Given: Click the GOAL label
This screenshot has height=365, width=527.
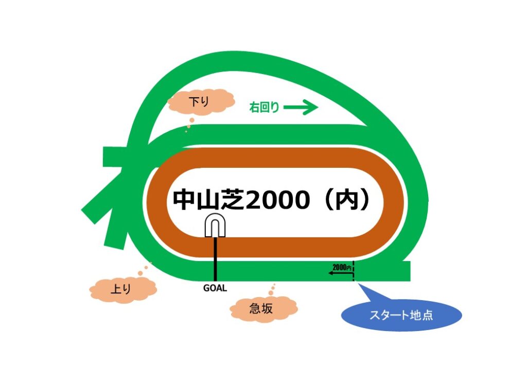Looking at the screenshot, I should (x=215, y=288).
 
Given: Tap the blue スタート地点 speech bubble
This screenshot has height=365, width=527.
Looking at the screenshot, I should (x=401, y=315).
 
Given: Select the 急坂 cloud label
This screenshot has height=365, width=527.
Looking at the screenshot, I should (x=263, y=308).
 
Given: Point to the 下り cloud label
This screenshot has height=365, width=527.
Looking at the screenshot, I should (x=201, y=101).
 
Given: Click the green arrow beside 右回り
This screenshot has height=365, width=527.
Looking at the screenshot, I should (x=301, y=108).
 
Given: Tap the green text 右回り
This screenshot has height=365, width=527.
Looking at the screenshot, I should (x=264, y=108).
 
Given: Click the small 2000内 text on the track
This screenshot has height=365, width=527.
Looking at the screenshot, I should (x=342, y=267).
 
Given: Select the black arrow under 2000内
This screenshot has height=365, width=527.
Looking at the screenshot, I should (x=340, y=274).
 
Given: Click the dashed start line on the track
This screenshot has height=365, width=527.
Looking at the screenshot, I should (x=354, y=271).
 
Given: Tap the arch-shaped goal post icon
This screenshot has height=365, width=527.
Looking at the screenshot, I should (x=216, y=226).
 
